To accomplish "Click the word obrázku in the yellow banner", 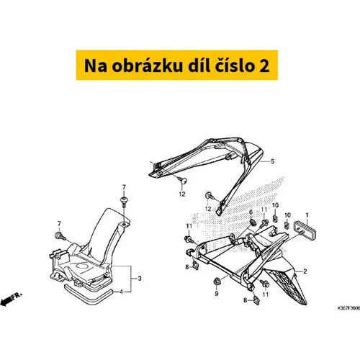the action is coord(148,66).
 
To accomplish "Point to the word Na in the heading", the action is coord(96,66).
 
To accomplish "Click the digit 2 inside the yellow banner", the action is coord(264,66).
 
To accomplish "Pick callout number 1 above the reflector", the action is coord(307,215).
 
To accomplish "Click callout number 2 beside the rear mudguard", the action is coord(305,271).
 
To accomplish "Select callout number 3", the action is coord(140,279).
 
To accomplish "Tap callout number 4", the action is coord(121,292).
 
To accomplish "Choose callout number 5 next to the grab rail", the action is coord(272,161).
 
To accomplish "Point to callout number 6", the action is coord(251,212).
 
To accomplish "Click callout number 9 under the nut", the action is coord(217,294).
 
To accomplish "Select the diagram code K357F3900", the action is coord(348,308).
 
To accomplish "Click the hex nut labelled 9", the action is coord(217,281).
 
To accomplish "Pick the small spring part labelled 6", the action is coord(253,222).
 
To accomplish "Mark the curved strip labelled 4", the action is coord(88,294).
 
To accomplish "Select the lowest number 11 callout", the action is coord(266,294).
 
